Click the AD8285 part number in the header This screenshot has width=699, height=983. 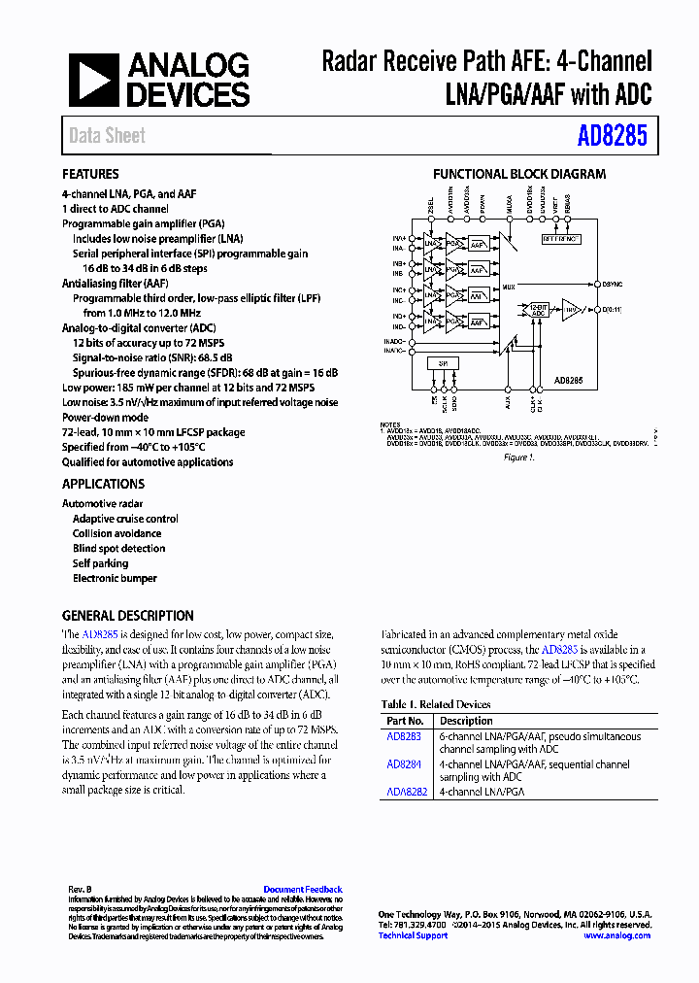point(612,136)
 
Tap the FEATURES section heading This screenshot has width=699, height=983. point(90,175)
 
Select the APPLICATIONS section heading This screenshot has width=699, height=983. point(103,484)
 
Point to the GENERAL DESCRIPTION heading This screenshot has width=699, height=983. point(127,616)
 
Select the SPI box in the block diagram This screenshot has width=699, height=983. point(443,362)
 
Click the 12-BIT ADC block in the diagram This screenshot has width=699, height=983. point(538,311)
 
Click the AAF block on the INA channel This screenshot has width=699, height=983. point(478,247)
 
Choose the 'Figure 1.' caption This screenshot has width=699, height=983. point(519,457)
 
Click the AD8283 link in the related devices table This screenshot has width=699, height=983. point(403,737)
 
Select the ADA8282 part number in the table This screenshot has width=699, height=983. point(407,792)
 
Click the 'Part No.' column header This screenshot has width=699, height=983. point(405,721)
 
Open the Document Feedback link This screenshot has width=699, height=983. point(303,890)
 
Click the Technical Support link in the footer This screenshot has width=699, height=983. point(413,935)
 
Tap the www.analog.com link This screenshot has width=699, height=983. point(616,935)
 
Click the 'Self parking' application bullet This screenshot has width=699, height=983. point(100,563)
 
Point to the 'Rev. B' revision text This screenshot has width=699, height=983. point(80,890)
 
